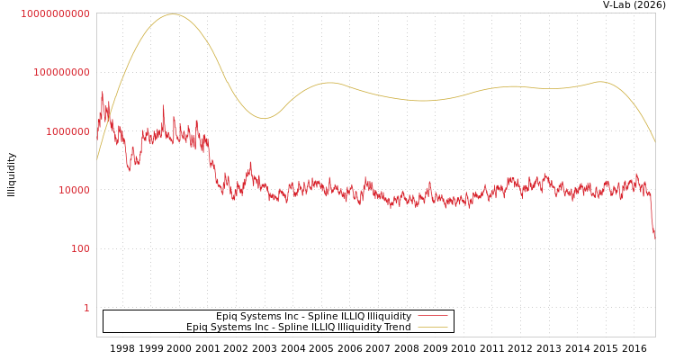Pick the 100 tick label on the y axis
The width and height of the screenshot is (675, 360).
pos(81,248)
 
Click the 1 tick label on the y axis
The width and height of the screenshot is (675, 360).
pos(87,308)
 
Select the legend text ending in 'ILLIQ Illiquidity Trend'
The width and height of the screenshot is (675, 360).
pos(299,328)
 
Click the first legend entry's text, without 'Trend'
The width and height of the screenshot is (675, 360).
pos(313,317)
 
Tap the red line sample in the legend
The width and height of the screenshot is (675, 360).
pos(433,317)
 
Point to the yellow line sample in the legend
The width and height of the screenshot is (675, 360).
pos(433,328)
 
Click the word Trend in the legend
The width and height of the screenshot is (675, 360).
pos(397,328)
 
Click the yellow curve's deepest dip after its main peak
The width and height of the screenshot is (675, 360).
pos(264,118)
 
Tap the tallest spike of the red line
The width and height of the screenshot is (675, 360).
pos(102,92)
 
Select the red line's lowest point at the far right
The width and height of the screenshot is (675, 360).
pos(654,237)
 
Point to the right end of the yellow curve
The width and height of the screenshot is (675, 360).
pos(654,142)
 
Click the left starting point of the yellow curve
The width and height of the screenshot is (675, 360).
pos(97,159)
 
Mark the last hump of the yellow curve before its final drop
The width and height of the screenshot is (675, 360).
pos(600,82)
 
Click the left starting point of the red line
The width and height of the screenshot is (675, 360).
pos(97,126)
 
